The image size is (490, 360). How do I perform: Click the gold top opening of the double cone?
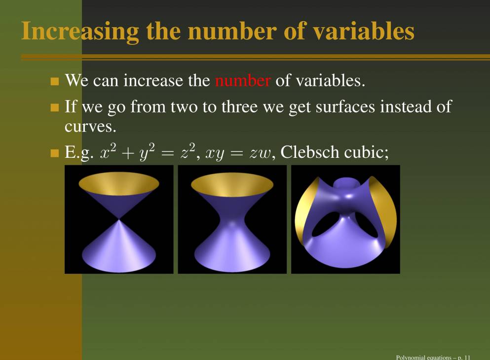(x=119, y=183)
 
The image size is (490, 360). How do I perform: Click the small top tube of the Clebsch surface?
(x=345, y=184)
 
